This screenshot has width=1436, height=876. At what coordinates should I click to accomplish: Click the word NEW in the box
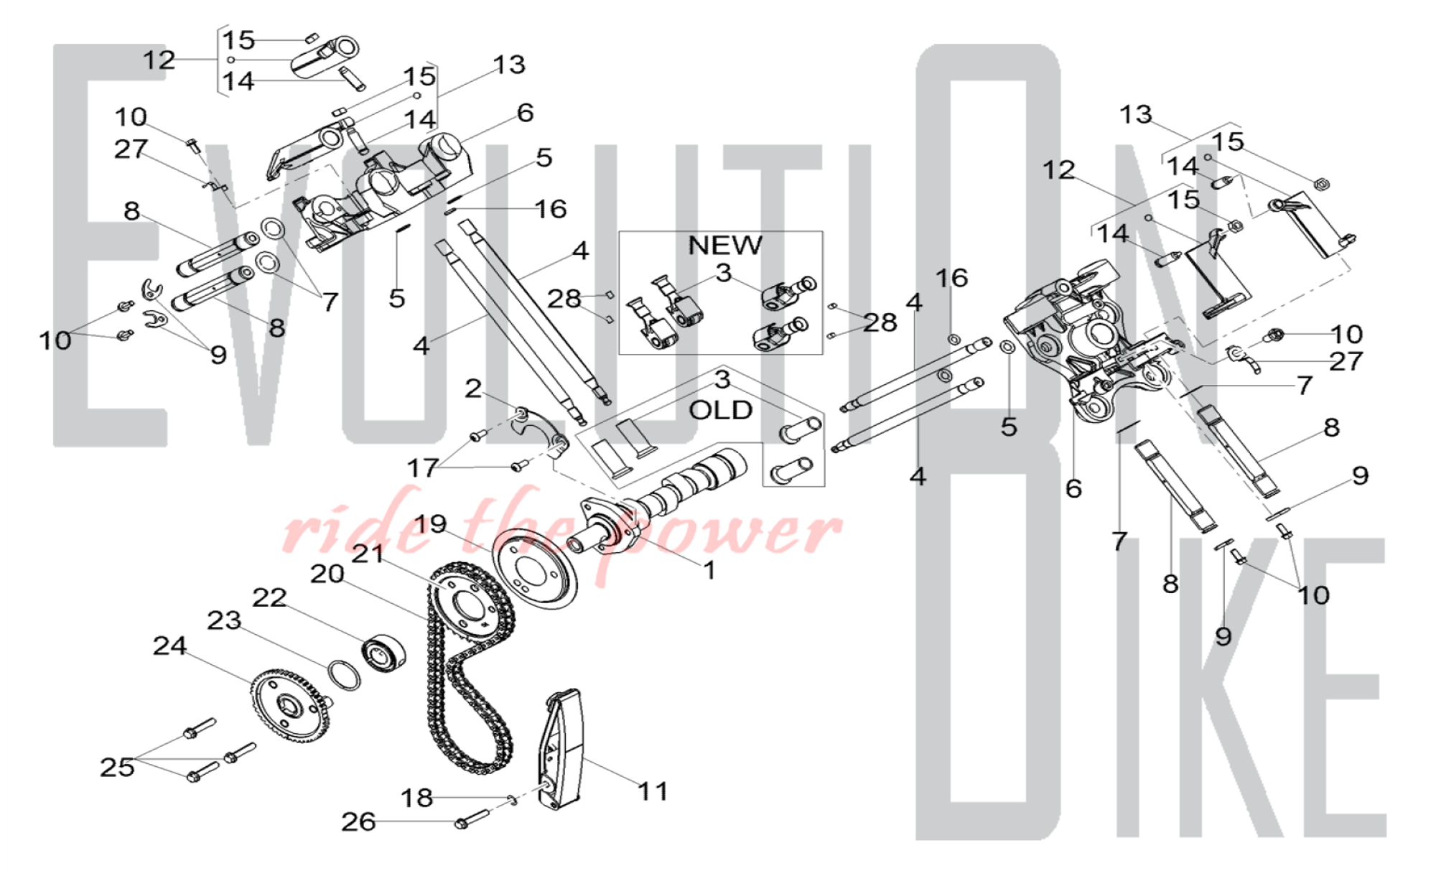point(724,246)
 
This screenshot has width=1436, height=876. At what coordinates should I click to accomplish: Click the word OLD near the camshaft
point(720,411)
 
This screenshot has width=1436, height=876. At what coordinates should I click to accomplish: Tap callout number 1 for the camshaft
point(709,570)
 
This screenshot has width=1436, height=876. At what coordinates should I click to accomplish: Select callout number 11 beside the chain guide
point(653,791)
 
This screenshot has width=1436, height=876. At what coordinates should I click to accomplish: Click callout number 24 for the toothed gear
point(170,646)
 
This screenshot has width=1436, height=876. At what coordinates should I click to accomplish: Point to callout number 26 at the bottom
point(358,821)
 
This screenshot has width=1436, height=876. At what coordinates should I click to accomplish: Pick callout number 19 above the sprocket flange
point(431,524)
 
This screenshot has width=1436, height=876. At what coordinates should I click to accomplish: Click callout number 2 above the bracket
point(472,388)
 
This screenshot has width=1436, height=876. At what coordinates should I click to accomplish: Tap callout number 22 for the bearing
point(269,597)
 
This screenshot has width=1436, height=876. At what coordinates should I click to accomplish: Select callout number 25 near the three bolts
point(117,767)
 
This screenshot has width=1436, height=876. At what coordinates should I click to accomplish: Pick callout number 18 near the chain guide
point(416,798)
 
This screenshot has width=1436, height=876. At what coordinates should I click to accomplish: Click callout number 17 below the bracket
point(422,468)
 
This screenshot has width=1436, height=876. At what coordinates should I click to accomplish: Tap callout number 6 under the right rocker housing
point(1073,488)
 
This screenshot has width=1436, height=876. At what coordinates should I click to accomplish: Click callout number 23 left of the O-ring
point(224,620)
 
